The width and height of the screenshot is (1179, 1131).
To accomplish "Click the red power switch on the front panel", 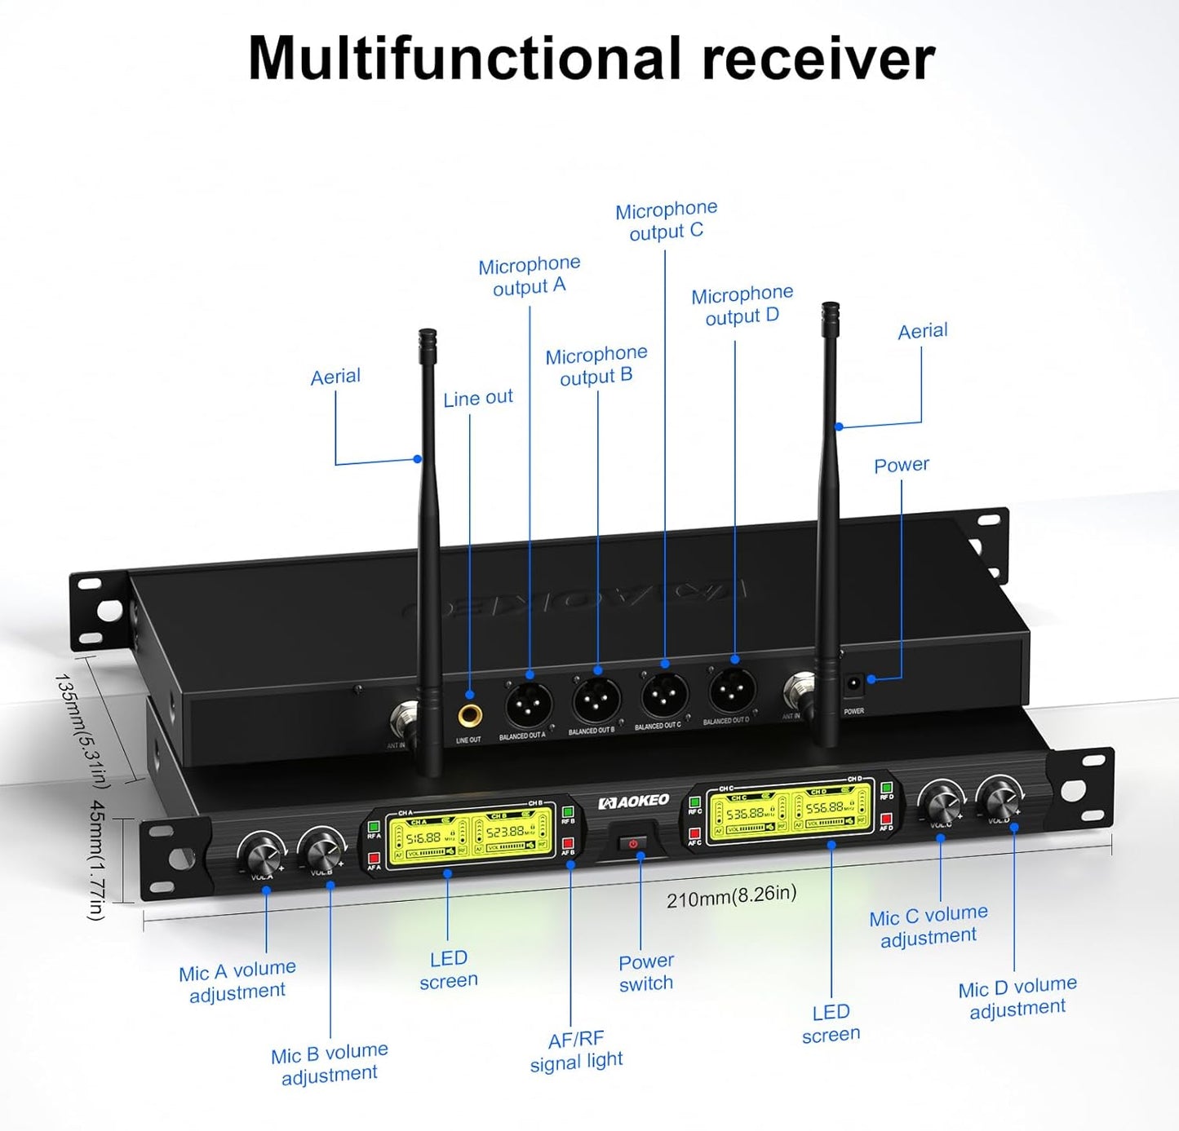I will pos(633,843).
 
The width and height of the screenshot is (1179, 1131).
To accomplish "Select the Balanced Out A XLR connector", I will pos(529,705).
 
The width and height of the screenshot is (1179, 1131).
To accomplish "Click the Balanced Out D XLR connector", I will pos(732,691).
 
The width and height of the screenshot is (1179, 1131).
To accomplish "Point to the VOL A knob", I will pos(262,855).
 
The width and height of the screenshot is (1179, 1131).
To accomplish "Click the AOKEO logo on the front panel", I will pos(634,802).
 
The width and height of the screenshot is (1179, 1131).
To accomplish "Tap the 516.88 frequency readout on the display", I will pos(423,837).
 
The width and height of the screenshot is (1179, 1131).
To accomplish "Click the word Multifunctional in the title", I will pos(463,59).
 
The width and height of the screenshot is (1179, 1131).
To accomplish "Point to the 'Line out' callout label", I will pos(478,398).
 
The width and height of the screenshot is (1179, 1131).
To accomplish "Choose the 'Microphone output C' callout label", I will pos(667,221).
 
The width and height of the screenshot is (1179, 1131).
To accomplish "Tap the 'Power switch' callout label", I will pos(646,972).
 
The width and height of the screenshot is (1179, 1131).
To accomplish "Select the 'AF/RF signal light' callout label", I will pos(577,1050).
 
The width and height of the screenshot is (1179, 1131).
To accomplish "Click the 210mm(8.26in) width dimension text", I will pos(731,896).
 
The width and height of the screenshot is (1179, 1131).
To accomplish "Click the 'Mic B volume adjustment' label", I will pos(329,1063).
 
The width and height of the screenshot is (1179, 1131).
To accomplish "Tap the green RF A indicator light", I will pos(374,827).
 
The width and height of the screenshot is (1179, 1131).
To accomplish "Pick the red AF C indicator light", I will pos(694,833).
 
